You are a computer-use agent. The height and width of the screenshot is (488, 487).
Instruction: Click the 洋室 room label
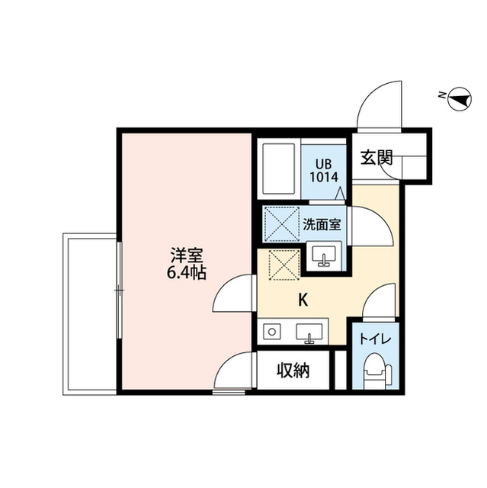pos(187,256)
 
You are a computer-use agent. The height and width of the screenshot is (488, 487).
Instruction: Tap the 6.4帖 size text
pos(187,273)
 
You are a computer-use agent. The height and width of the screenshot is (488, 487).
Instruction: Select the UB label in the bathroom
pos(324,164)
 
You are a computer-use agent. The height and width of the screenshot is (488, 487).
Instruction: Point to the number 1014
pos(324,177)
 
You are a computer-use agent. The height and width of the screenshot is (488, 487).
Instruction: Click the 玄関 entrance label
pos(377,158)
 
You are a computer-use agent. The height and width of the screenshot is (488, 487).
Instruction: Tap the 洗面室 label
pos(322,224)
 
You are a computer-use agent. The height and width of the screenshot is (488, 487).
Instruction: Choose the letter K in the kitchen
pos(303,300)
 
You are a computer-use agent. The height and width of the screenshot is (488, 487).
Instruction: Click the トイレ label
pos(375,339)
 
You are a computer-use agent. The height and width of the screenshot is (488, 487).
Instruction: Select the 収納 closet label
pos(293,371)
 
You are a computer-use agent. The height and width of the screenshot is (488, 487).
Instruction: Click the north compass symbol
pos(460,99)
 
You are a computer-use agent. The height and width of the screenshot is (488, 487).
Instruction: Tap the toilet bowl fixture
pos(376,371)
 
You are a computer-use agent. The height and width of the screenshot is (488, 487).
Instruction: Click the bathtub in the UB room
pos(279,169)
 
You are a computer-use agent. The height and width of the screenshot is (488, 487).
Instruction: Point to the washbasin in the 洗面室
pos(324,256)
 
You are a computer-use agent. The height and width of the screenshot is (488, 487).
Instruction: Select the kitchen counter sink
pos(309,333)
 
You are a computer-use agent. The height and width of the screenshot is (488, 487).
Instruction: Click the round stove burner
pos(272,332)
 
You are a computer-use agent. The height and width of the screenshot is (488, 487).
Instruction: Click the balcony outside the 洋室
pos(90,314)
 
